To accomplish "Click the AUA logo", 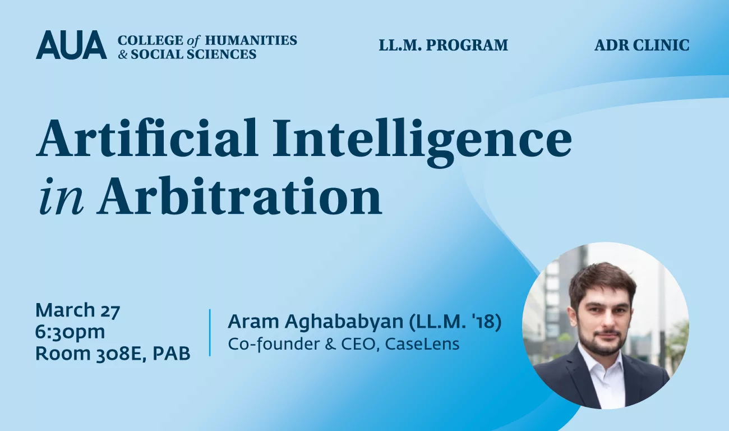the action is (71, 45).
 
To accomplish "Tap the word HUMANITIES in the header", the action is (251, 40).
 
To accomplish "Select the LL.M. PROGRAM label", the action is (443, 45).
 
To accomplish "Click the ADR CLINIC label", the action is (642, 45).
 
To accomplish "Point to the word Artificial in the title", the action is (147, 137).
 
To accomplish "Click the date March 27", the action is (78, 310).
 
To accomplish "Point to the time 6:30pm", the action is (70, 332).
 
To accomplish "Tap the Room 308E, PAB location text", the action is (113, 354).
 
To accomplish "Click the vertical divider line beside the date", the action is (210, 332).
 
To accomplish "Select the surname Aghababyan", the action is (344, 322).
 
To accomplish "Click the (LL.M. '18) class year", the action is (455, 322).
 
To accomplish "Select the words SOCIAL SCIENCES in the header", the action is (193, 54).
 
